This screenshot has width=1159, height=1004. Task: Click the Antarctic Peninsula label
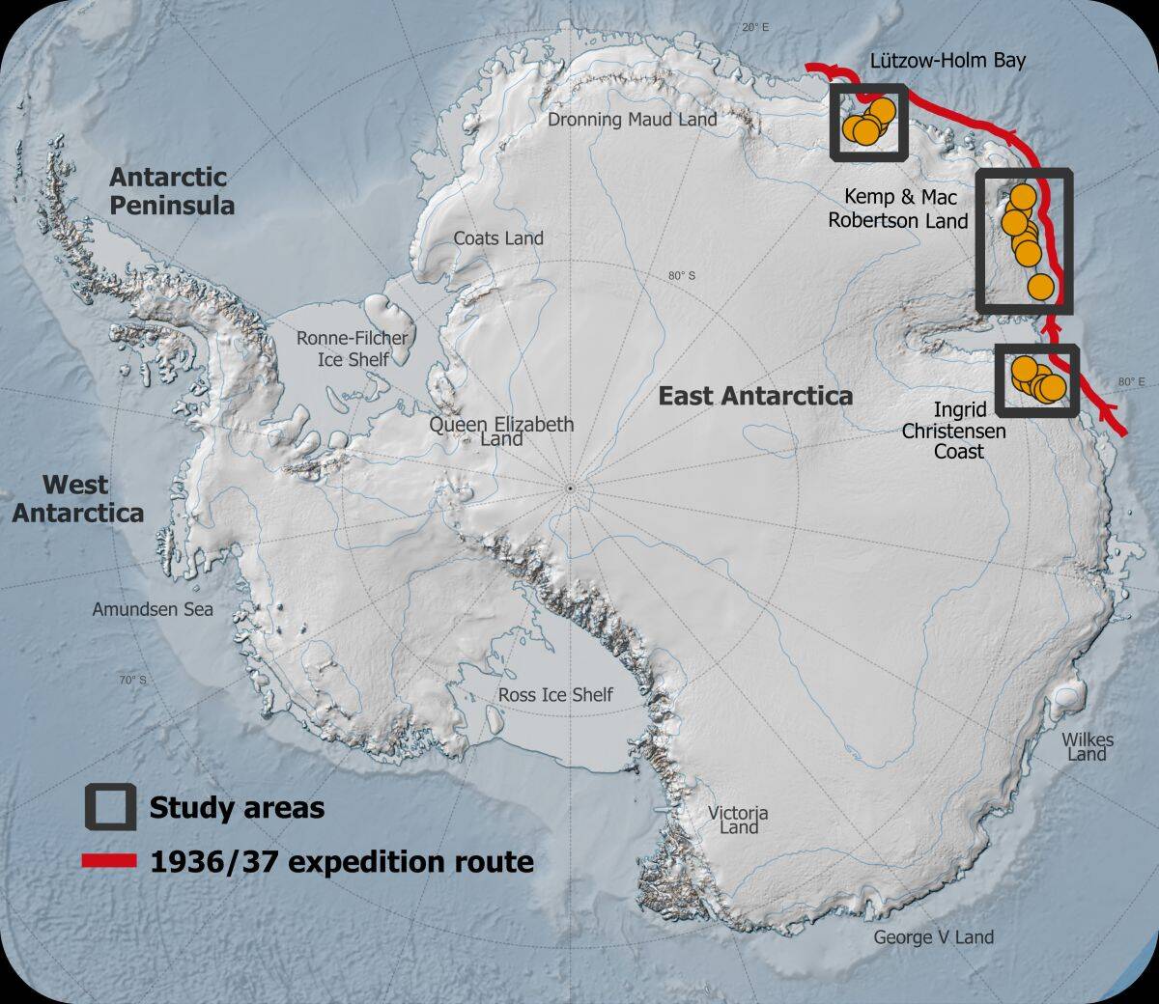[171, 191]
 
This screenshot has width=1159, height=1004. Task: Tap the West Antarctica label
[77, 498]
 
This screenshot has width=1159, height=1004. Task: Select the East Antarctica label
[755, 396]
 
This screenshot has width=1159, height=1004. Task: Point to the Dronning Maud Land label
[632, 120]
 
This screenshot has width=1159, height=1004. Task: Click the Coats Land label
[498, 238]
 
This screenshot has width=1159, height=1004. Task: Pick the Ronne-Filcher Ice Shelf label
[353, 349]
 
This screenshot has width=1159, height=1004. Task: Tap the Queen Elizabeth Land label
[501, 432]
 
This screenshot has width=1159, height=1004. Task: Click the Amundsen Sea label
[153, 609]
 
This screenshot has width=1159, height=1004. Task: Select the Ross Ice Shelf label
[555, 695]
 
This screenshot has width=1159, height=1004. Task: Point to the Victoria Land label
[739, 821]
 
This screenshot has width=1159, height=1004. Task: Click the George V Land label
[933, 936]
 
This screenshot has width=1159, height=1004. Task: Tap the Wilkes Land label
[1088, 746]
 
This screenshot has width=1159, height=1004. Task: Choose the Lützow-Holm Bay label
[947, 61]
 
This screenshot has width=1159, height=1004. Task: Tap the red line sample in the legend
[108, 861]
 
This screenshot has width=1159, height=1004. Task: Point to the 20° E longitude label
[756, 28]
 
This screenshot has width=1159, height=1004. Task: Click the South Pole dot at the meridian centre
[571, 488]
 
